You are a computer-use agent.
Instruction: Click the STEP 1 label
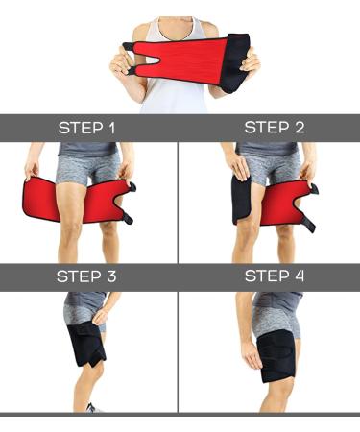point(89,128)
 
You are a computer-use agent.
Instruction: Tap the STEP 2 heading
point(271,128)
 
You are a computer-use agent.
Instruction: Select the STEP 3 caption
point(89,276)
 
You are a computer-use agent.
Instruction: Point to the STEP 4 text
point(271,276)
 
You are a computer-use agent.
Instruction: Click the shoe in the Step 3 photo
point(91,408)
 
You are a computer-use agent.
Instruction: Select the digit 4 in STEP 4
point(301,276)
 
